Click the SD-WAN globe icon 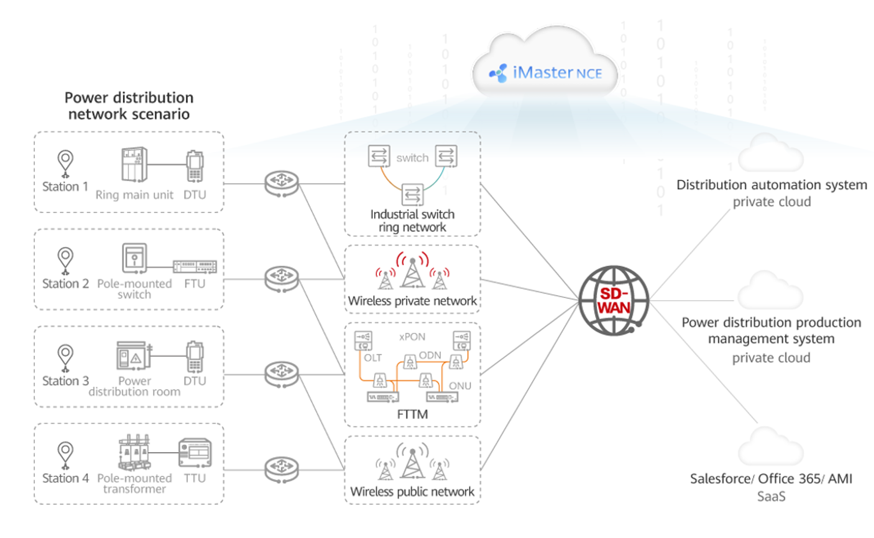point(613,301)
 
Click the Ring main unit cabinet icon point(134,164)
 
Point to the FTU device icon point(194,266)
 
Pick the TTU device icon point(195,453)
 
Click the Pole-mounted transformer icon point(134,452)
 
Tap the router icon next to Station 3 point(281,374)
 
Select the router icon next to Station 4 point(281,470)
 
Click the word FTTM point(412,415)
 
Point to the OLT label point(373,358)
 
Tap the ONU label point(459,386)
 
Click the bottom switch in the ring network point(412,194)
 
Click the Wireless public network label point(412,492)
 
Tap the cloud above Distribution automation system point(770,154)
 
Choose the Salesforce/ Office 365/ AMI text point(771,479)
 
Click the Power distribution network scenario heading point(129,106)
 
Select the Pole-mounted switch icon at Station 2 point(134,258)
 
